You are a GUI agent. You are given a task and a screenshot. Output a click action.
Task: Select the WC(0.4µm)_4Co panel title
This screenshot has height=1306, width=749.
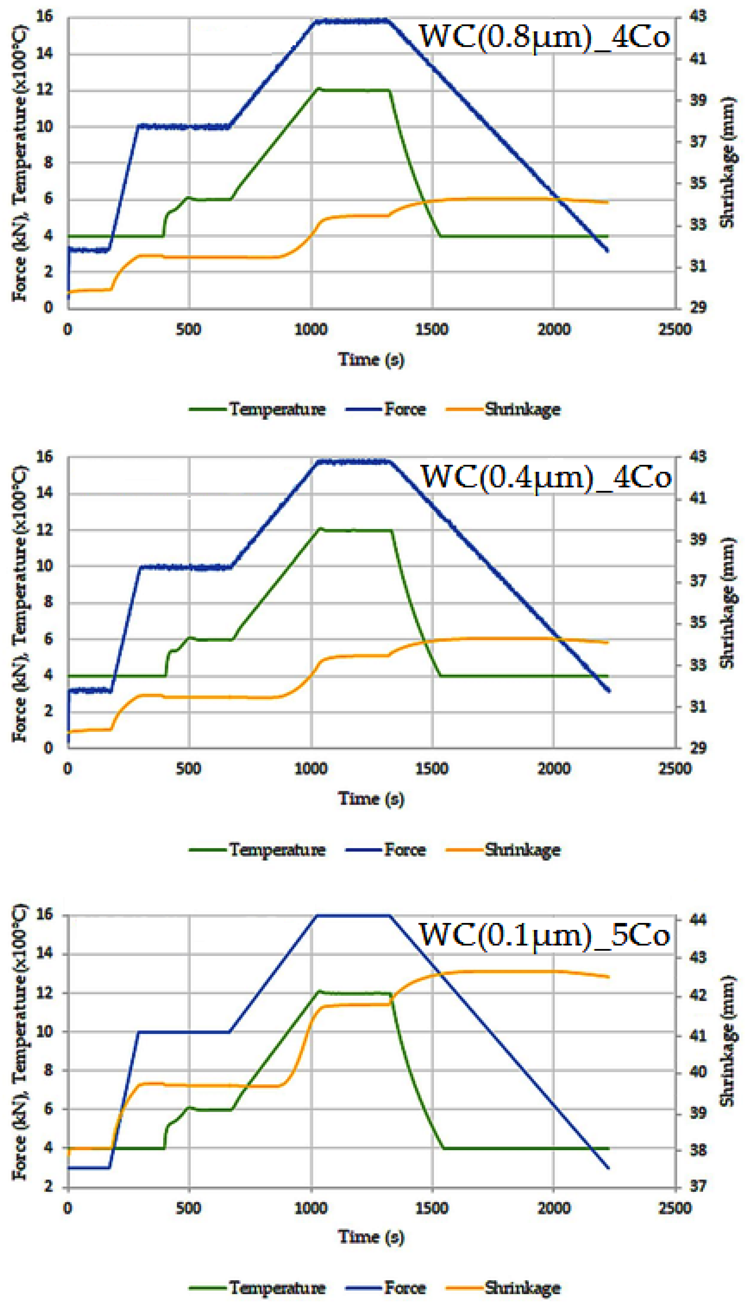(546, 477)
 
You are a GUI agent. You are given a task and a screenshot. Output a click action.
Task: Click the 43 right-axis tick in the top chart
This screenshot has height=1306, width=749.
(698, 16)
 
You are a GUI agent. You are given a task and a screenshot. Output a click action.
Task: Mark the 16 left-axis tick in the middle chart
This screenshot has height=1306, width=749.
(45, 456)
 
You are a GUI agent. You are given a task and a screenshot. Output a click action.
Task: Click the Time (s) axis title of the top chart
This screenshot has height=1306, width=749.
(371, 359)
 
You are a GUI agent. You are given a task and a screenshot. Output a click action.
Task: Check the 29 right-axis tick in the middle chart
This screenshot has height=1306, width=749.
(698, 748)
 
